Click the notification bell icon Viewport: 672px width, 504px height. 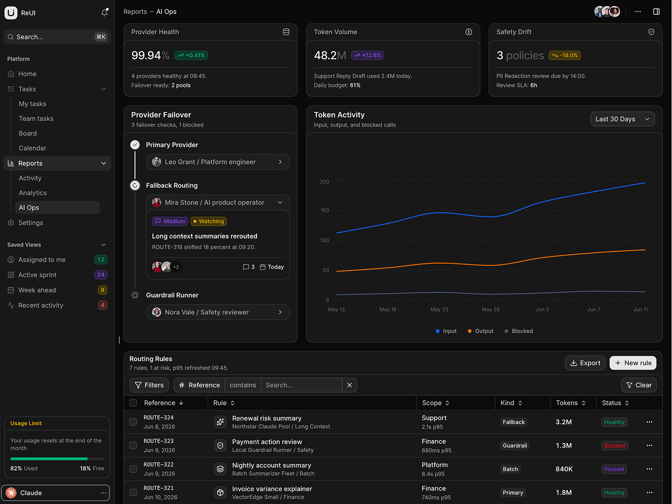(x=104, y=12)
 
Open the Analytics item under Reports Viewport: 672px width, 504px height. (x=32, y=193)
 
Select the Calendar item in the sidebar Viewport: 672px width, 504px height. (x=32, y=148)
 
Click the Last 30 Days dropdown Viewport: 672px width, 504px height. (x=622, y=119)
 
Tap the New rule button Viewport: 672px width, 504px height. (x=633, y=363)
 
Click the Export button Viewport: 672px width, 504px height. (x=585, y=363)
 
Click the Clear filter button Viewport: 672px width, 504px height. (x=639, y=385)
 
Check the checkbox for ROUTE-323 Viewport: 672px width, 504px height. (x=133, y=446)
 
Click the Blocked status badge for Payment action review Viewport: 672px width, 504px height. (x=614, y=446)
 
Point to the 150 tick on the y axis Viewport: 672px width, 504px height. (x=324, y=210)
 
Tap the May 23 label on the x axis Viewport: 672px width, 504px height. (x=439, y=309)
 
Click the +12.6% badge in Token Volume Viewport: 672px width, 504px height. (x=367, y=55)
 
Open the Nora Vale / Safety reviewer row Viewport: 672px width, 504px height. (x=218, y=312)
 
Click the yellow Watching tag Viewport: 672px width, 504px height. (x=208, y=221)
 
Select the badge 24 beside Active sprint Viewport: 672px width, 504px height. (x=101, y=275)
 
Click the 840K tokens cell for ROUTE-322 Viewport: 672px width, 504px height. (x=564, y=469)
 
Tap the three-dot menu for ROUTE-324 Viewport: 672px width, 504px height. (x=650, y=422)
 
